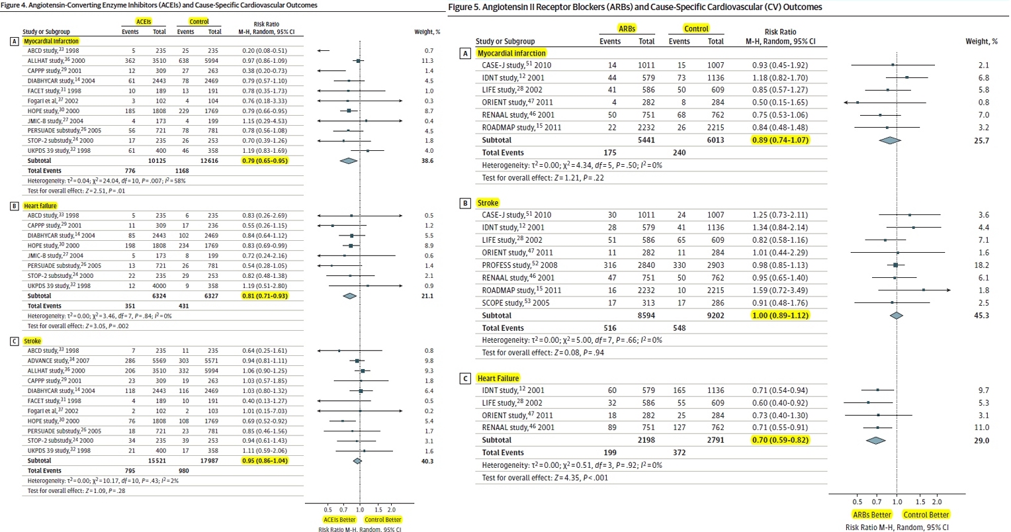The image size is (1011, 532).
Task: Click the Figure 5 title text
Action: pyautogui.click(x=635, y=7)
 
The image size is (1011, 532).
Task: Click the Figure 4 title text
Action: pyautogui.click(x=159, y=5)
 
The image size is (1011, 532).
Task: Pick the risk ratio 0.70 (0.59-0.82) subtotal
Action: pyautogui.click(x=780, y=439)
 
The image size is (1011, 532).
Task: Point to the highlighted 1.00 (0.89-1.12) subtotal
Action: pyautogui.click(x=780, y=315)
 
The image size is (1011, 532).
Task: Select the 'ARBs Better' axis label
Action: pyautogui.click(x=872, y=514)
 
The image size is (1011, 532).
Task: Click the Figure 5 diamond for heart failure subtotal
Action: pyautogui.click(x=876, y=440)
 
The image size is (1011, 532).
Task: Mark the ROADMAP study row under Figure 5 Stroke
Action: pyautogui.click(x=521, y=290)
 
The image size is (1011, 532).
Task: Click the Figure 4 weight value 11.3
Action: pyautogui.click(x=428, y=60)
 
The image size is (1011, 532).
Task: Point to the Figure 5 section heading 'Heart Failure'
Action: pyautogui.click(x=498, y=378)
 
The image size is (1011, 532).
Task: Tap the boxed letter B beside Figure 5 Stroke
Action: pyautogui.click(x=466, y=203)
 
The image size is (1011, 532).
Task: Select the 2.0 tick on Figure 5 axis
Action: pyautogui.click(x=937, y=502)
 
